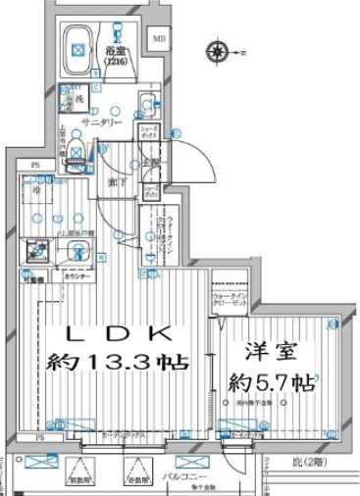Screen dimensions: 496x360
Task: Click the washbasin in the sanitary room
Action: coord(145,102)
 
